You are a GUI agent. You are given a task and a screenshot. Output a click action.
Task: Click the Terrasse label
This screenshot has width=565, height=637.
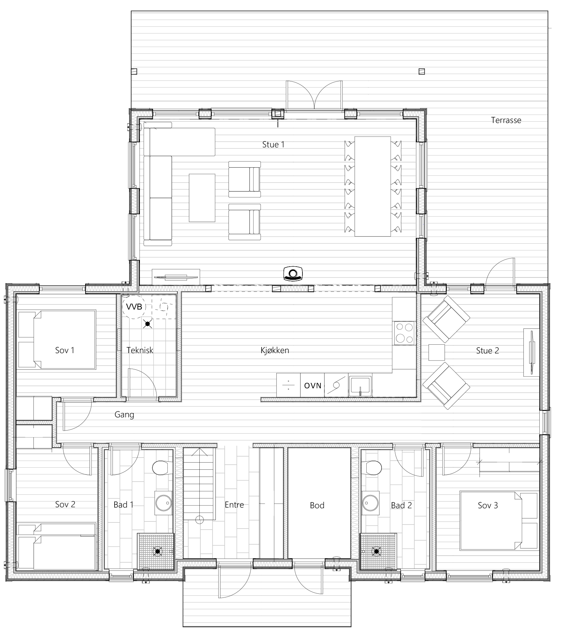[x=506, y=120]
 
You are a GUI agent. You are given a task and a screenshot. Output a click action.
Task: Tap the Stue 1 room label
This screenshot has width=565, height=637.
[x=273, y=145]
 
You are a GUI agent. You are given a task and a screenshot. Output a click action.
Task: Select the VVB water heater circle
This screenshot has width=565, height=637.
[x=134, y=307]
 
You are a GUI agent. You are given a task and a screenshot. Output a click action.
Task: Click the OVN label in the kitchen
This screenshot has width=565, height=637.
[x=313, y=385]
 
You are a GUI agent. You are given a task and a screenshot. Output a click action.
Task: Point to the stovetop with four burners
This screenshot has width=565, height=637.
[x=404, y=333]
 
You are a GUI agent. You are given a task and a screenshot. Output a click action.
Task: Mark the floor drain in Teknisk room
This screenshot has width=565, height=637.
[x=147, y=324]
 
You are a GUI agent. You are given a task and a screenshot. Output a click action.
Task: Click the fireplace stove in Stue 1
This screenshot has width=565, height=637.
[x=293, y=273]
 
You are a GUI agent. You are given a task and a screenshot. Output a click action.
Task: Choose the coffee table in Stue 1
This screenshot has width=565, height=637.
[x=202, y=198]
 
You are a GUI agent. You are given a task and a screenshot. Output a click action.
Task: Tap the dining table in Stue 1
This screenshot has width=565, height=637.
[x=373, y=186]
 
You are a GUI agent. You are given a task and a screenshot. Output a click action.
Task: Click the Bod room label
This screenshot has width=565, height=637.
[x=317, y=505]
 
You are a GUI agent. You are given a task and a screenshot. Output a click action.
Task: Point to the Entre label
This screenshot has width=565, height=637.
[x=234, y=505]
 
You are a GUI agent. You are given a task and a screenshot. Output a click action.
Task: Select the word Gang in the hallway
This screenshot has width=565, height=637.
[x=124, y=415]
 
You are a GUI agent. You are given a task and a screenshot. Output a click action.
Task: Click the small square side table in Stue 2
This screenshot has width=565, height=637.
[x=437, y=352]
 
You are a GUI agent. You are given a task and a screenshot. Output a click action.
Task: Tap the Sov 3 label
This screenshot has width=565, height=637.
[x=488, y=505]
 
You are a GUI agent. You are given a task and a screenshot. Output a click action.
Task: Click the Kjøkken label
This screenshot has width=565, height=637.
[x=275, y=350]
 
